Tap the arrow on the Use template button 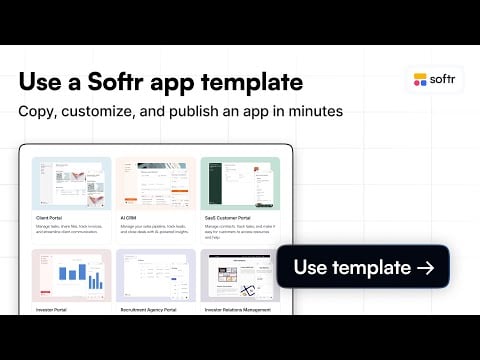(x=425, y=267)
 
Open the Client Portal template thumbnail (x=70, y=184)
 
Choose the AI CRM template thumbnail (x=154, y=184)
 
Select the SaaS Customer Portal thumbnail (x=240, y=184)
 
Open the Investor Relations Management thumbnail (x=240, y=277)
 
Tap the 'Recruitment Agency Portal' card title (x=149, y=310)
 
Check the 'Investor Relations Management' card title (x=238, y=310)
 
